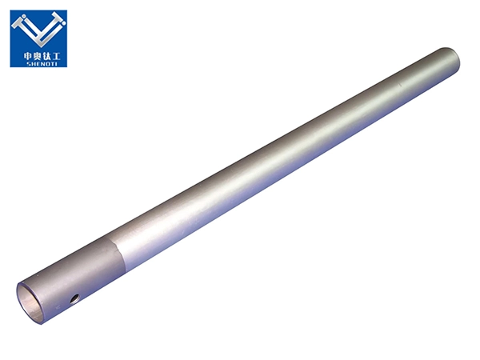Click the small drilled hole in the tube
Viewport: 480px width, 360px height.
74,299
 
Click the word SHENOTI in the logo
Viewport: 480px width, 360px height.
38,62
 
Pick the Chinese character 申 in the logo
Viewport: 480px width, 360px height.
25,54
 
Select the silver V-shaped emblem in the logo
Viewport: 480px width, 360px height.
38,31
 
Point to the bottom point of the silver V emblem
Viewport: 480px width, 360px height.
38,46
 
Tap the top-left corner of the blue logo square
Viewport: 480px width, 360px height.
10,10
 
